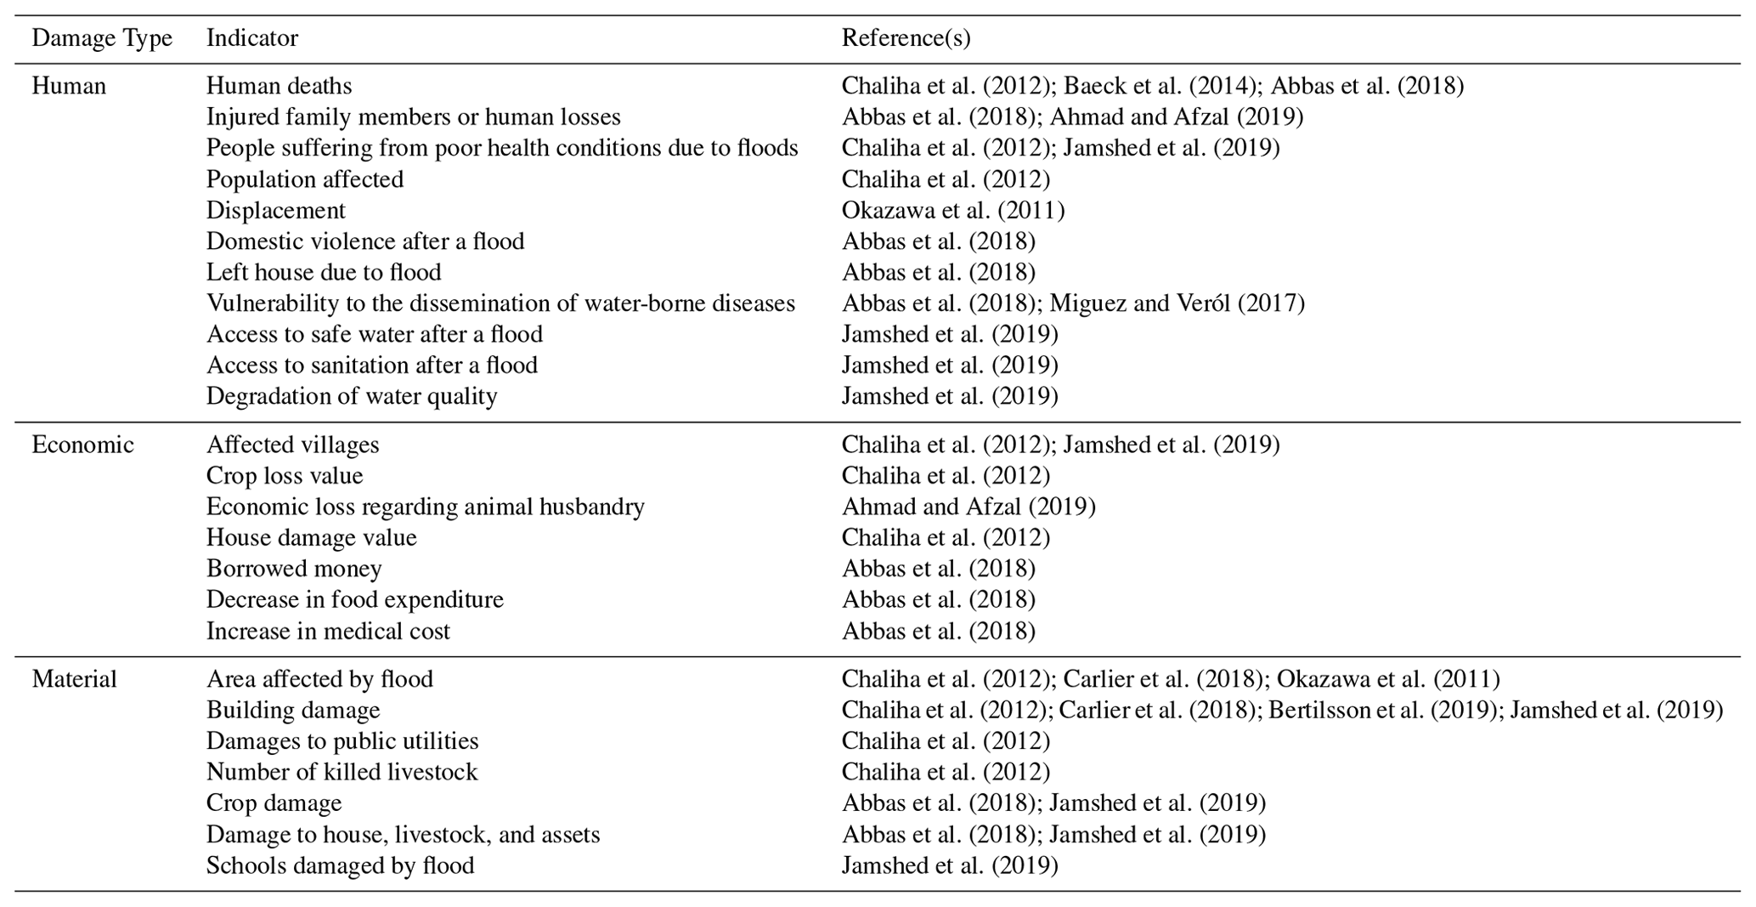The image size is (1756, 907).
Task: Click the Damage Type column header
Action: pyautogui.click(x=102, y=38)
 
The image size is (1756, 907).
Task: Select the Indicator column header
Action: pyautogui.click(x=252, y=38)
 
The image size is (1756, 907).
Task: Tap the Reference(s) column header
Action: pyautogui.click(x=906, y=38)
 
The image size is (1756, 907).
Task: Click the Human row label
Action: pyautogui.click(x=69, y=86)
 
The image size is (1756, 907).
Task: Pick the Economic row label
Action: pyautogui.click(x=82, y=445)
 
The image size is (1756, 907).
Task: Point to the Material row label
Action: pyautogui.click(x=74, y=679)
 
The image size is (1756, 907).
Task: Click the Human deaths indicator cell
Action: pyautogui.click(x=279, y=86)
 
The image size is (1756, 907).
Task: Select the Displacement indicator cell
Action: pyautogui.click(x=276, y=210)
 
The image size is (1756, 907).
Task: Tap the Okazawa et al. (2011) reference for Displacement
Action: pyautogui.click(x=953, y=210)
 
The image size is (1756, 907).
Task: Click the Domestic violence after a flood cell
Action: pyautogui.click(x=365, y=241)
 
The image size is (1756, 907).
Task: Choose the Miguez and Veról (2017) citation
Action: pyautogui.click(x=1177, y=303)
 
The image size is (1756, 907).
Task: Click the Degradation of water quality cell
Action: pyautogui.click(x=352, y=396)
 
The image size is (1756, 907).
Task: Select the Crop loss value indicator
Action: pyautogui.click(x=285, y=476)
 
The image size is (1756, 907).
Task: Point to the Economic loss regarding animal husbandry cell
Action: pyautogui.click(x=426, y=507)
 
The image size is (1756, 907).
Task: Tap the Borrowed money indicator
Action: pyautogui.click(x=294, y=569)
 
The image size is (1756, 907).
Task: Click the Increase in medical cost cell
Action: pyautogui.click(x=328, y=632)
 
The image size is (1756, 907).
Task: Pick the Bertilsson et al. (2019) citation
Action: pyautogui.click(x=1382, y=710)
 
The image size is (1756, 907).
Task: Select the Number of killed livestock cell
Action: pyautogui.click(x=342, y=772)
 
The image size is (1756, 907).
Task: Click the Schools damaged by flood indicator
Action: pyautogui.click(x=340, y=865)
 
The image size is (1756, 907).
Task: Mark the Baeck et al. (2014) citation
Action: pyautogui.click(x=1160, y=86)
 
